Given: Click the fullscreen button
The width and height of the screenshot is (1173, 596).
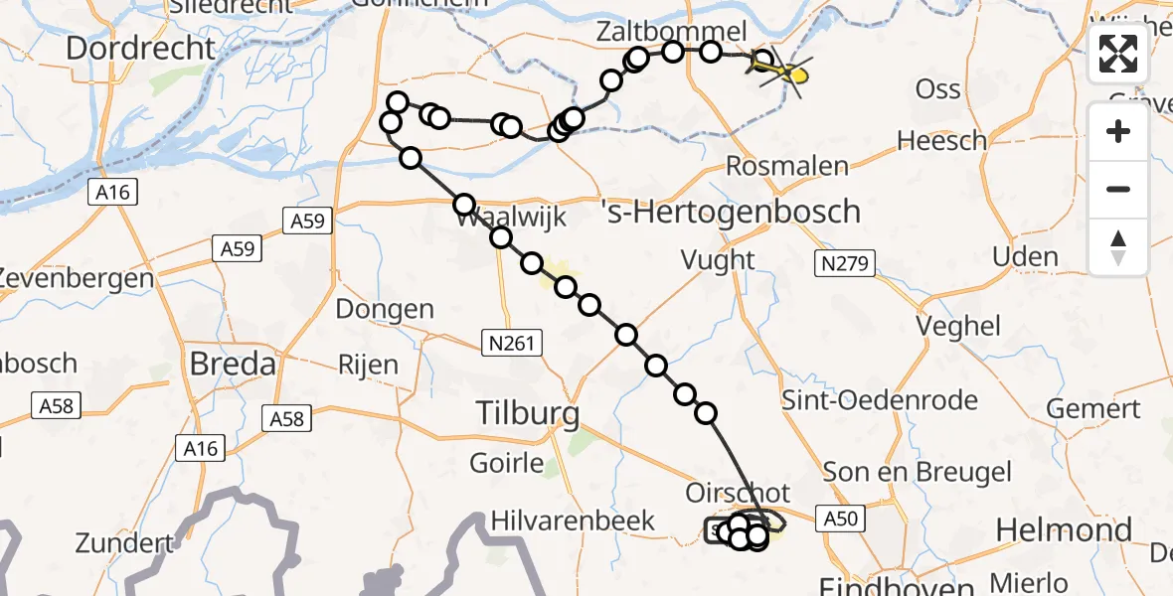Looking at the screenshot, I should [1118, 54].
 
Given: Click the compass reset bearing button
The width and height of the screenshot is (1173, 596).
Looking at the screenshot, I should [1118, 247].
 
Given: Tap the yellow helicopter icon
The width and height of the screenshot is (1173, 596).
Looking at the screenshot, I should [785, 71].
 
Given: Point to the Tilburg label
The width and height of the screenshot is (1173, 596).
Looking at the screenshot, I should [527, 411].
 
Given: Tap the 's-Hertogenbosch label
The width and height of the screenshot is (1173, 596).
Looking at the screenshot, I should [731, 212].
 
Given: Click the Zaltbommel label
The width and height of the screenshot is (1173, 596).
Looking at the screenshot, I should [671, 30].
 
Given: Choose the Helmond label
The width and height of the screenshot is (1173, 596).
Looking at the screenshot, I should [1064, 530].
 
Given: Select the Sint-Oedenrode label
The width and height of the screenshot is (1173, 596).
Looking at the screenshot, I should [880, 401].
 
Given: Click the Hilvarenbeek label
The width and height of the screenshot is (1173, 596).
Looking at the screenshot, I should [574, 521].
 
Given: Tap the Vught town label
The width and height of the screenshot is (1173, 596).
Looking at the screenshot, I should [717, 260].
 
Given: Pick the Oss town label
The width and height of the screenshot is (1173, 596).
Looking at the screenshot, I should [937, 89].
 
